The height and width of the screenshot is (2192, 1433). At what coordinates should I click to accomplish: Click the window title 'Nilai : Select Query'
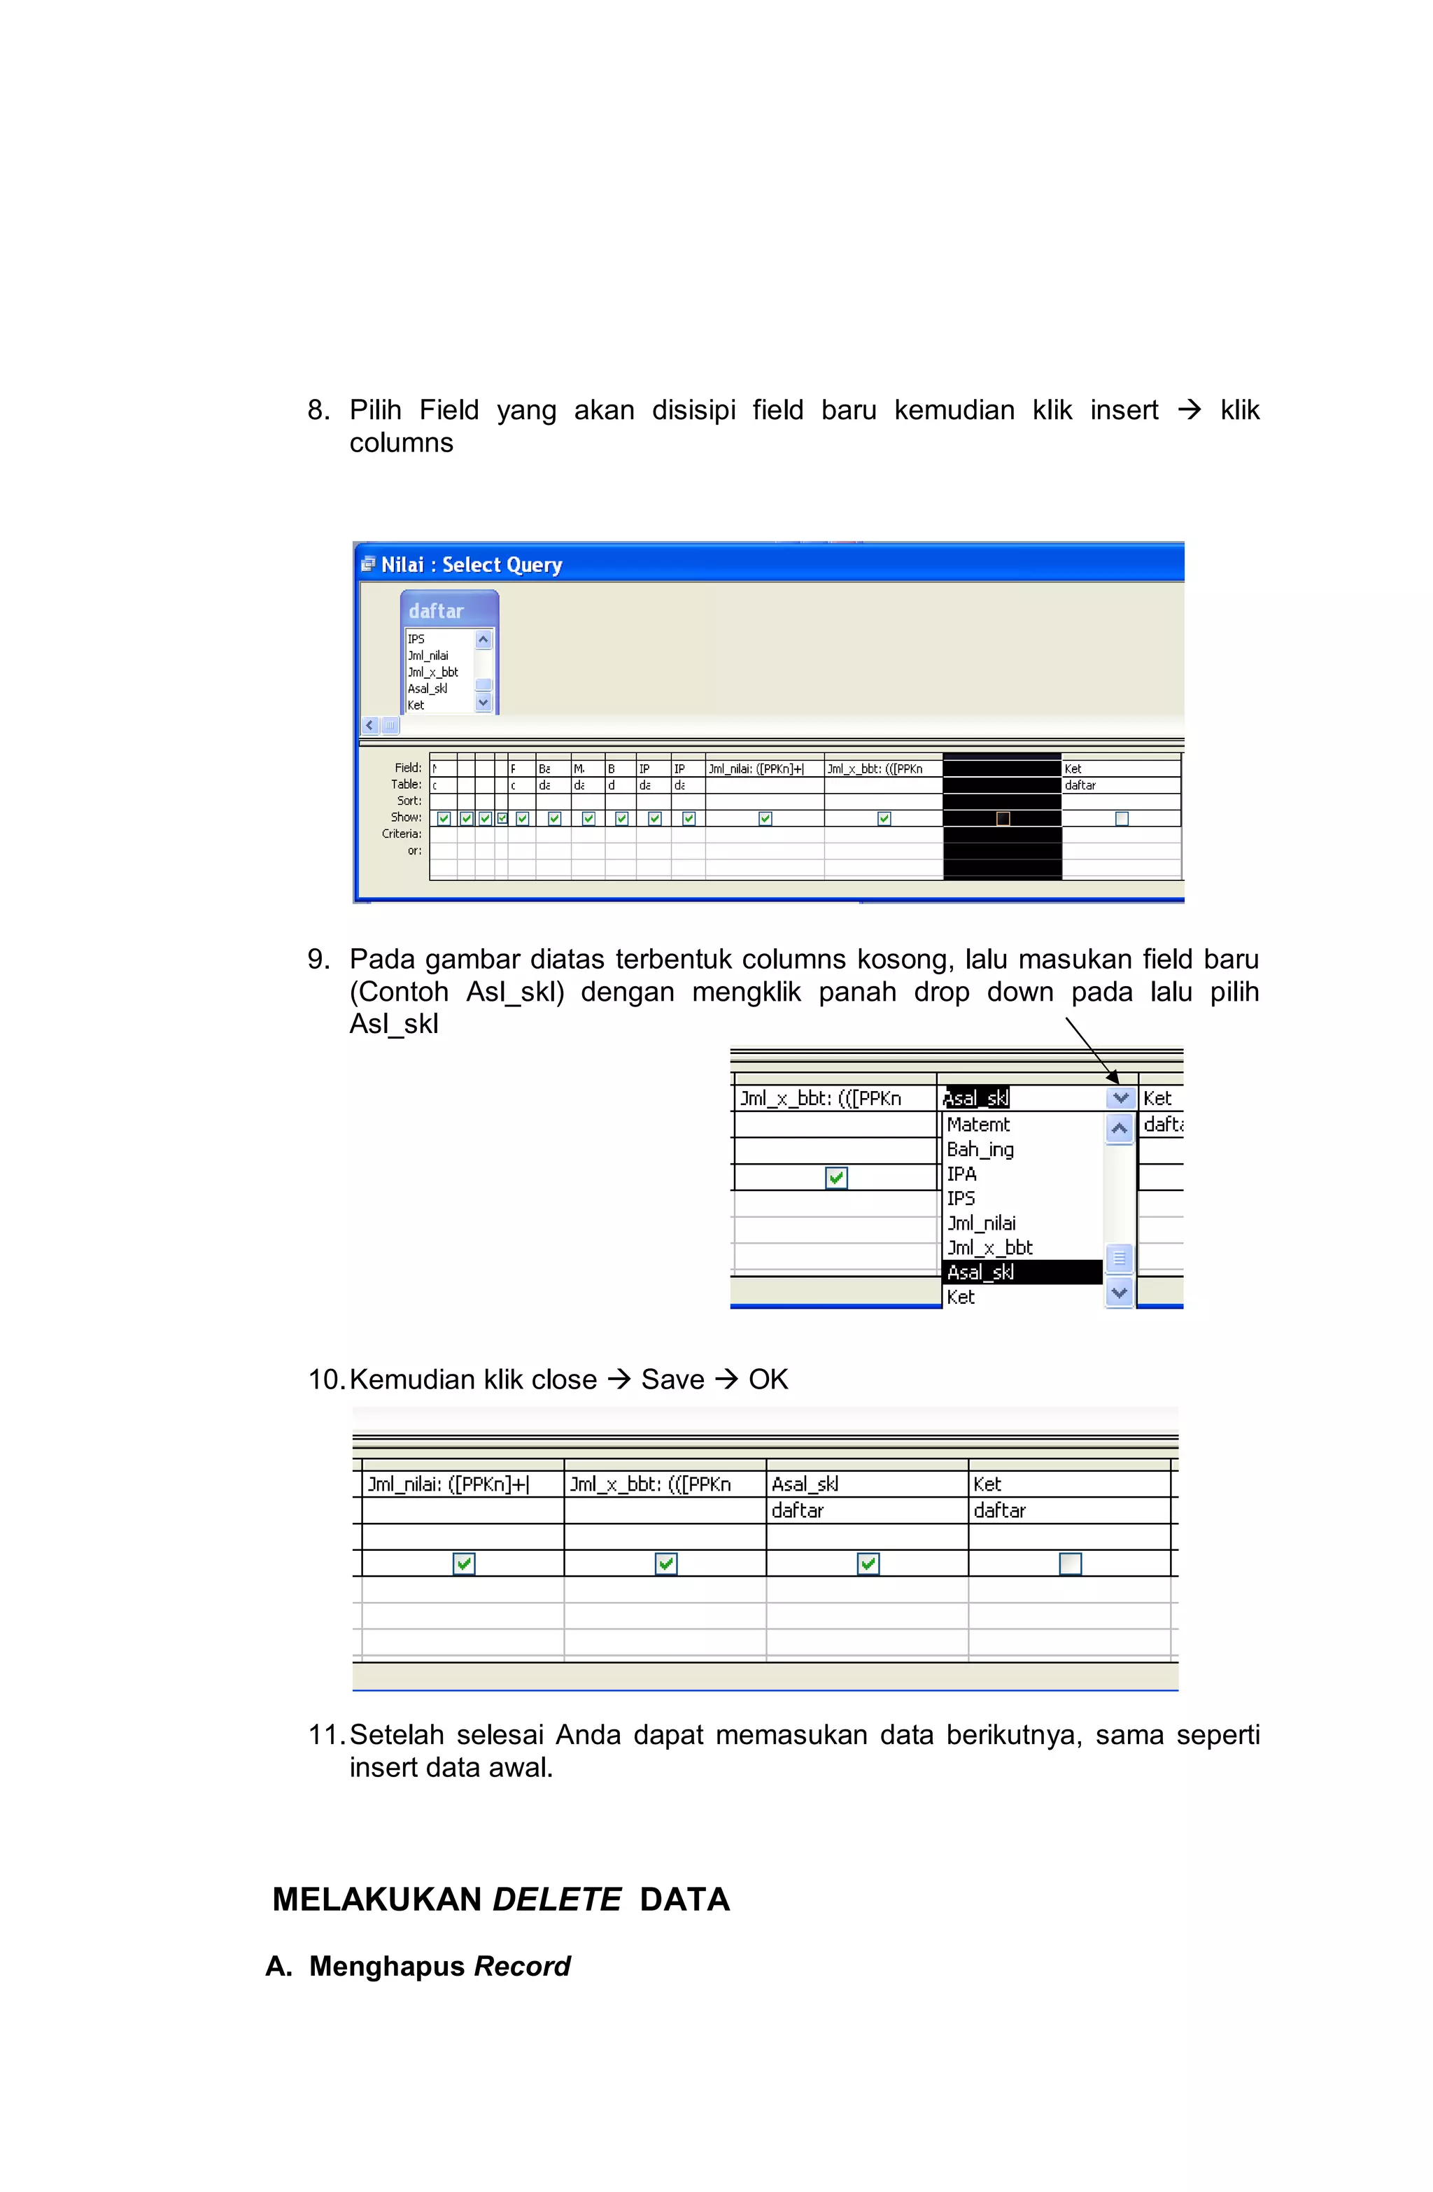[471, 565]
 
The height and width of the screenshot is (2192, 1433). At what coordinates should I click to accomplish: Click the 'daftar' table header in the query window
[436, 610]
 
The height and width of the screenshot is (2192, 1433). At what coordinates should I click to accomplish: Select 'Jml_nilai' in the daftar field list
[428, 656]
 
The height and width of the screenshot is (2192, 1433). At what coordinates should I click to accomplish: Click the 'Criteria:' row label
[402, 834]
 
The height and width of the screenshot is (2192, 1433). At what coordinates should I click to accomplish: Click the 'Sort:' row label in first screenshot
[409, 801]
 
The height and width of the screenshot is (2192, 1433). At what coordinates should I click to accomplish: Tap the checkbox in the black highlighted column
[1003, 818]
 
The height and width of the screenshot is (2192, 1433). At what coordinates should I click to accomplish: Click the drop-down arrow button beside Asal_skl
[1120, 1098]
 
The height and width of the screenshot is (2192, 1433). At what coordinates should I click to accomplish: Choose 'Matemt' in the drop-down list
[978, 1125]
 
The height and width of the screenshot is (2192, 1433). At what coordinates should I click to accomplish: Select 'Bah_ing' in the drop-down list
[980, 1149]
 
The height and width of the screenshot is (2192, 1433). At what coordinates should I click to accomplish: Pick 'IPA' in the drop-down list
[961, 1174]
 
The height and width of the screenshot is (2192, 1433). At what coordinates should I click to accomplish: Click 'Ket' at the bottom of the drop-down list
[961, 1297]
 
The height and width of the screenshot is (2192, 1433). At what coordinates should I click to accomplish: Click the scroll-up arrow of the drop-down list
[1119, 1128]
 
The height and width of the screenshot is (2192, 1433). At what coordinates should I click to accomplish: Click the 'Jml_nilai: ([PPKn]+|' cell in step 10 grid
[449, 1484]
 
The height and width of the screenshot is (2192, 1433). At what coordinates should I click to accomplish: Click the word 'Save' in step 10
[672, 1379]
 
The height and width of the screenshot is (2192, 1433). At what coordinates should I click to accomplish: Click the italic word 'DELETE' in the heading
[557, 1899]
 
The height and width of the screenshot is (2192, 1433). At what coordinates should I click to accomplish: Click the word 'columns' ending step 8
[402, 443]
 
